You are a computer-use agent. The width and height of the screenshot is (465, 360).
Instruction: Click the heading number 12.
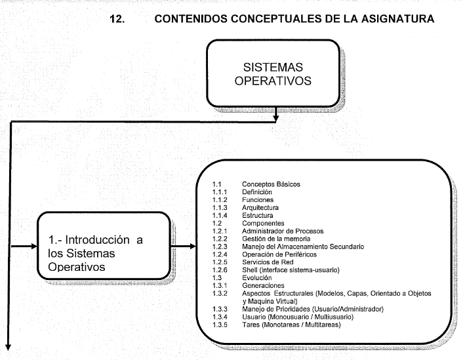pyautogui.click(x=117, y=19)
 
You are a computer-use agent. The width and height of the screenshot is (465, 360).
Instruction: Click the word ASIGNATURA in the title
pyautogui.click(x=397, y=18)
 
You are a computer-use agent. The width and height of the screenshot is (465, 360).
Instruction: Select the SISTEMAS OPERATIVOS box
pyautogui.click(x=273, y=73)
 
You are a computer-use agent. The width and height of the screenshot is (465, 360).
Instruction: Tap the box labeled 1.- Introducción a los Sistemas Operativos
pyautogui.click(x=104, y=246)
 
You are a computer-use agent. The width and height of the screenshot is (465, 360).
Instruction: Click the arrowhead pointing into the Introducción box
pyautogui.click(x=33, y=246)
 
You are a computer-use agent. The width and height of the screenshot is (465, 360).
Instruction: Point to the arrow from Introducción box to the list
pyautogui.click(x=183, y=246)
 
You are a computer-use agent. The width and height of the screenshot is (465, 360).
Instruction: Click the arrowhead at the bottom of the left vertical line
pyautogui.click(x=9, y=347)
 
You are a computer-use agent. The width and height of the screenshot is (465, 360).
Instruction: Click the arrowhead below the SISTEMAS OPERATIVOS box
pyautogui.click(x=276, y=119)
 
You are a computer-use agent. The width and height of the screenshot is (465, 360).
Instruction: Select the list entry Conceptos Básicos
pyautogui.click(x=271, y=184)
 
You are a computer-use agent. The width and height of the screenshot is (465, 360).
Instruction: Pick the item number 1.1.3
pyautogui.click(x=220, y=208)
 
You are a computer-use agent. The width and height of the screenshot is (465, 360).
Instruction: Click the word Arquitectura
pyautogui.click(x=260, y=208)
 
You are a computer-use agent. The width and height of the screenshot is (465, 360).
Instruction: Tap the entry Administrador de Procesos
pyautogui.click(x=283, y=231)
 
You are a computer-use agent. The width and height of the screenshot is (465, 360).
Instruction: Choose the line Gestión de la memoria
pyautogui.click(x=276, y=239)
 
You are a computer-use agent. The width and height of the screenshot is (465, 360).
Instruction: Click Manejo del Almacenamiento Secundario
pyautogui.click(x=303, y=247)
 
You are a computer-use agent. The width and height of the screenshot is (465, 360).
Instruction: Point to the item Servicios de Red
pyautogui.click(x=268, y=262)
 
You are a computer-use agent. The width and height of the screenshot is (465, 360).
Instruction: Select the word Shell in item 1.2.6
pyautogui.click(x=249, y=270)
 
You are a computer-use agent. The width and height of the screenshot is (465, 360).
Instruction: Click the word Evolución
pyautogui.click(x=257, y=277)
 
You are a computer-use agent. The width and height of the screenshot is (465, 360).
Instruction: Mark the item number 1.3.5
pyautogui.click(x=220, y=325)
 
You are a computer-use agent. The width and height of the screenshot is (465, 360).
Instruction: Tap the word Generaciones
pyautogui.click(x=263, y=285)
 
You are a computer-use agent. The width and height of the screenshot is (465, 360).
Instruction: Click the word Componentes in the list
pyautogui.click(x=263, y=224)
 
